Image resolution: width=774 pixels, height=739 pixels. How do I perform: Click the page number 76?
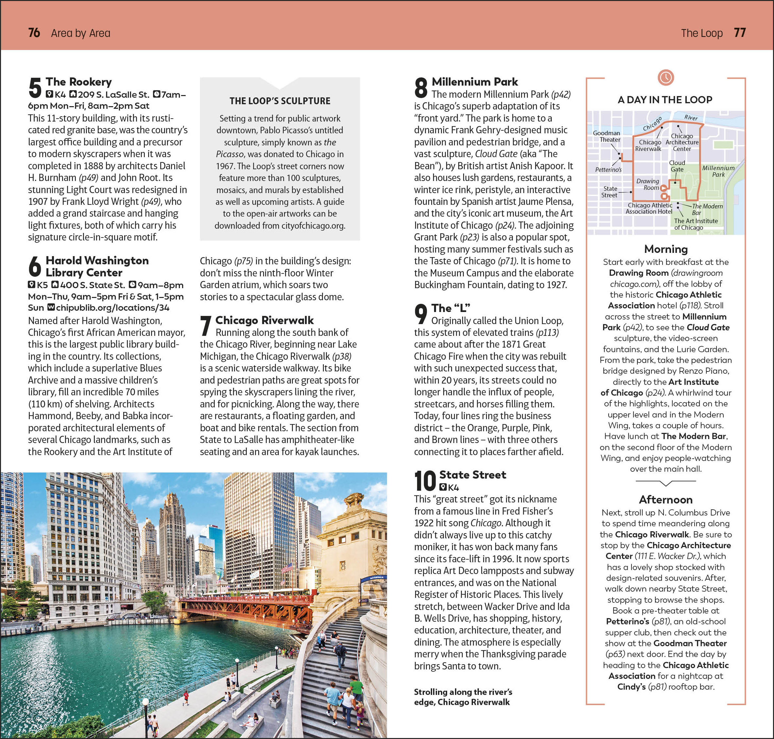click(34, 33)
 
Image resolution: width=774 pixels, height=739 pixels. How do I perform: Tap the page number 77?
click(740, 33)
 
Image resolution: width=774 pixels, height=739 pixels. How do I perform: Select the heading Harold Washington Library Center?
click(97, 266)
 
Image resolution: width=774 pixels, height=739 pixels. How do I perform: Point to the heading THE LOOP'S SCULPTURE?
click(280, 101)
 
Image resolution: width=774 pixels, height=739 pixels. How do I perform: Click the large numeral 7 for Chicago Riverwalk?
click(205, 326)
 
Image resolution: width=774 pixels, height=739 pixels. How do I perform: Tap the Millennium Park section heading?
click(475, 82)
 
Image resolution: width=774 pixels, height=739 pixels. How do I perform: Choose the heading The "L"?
click(450, 308)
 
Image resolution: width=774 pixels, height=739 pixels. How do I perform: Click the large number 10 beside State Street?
click(425, 481)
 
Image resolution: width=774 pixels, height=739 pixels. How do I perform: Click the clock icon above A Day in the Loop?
click(665, 77)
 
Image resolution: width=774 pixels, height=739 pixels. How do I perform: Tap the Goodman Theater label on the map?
click(607, 136)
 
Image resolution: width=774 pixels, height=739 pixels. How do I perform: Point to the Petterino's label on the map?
click(608, 170)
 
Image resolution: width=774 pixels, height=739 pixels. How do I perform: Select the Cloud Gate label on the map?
click(677, 166)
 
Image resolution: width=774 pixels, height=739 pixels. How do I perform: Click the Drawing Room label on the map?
click(648, 184)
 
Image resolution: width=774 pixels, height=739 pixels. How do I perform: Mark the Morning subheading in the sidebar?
click(665, 249)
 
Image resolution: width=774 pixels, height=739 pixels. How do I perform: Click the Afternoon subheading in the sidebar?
click(665, 500)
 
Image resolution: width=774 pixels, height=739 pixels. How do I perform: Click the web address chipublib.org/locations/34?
click(112, 308)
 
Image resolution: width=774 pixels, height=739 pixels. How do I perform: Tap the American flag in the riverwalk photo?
click(287, 567)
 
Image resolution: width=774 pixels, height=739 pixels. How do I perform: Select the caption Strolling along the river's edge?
click(463, 697)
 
